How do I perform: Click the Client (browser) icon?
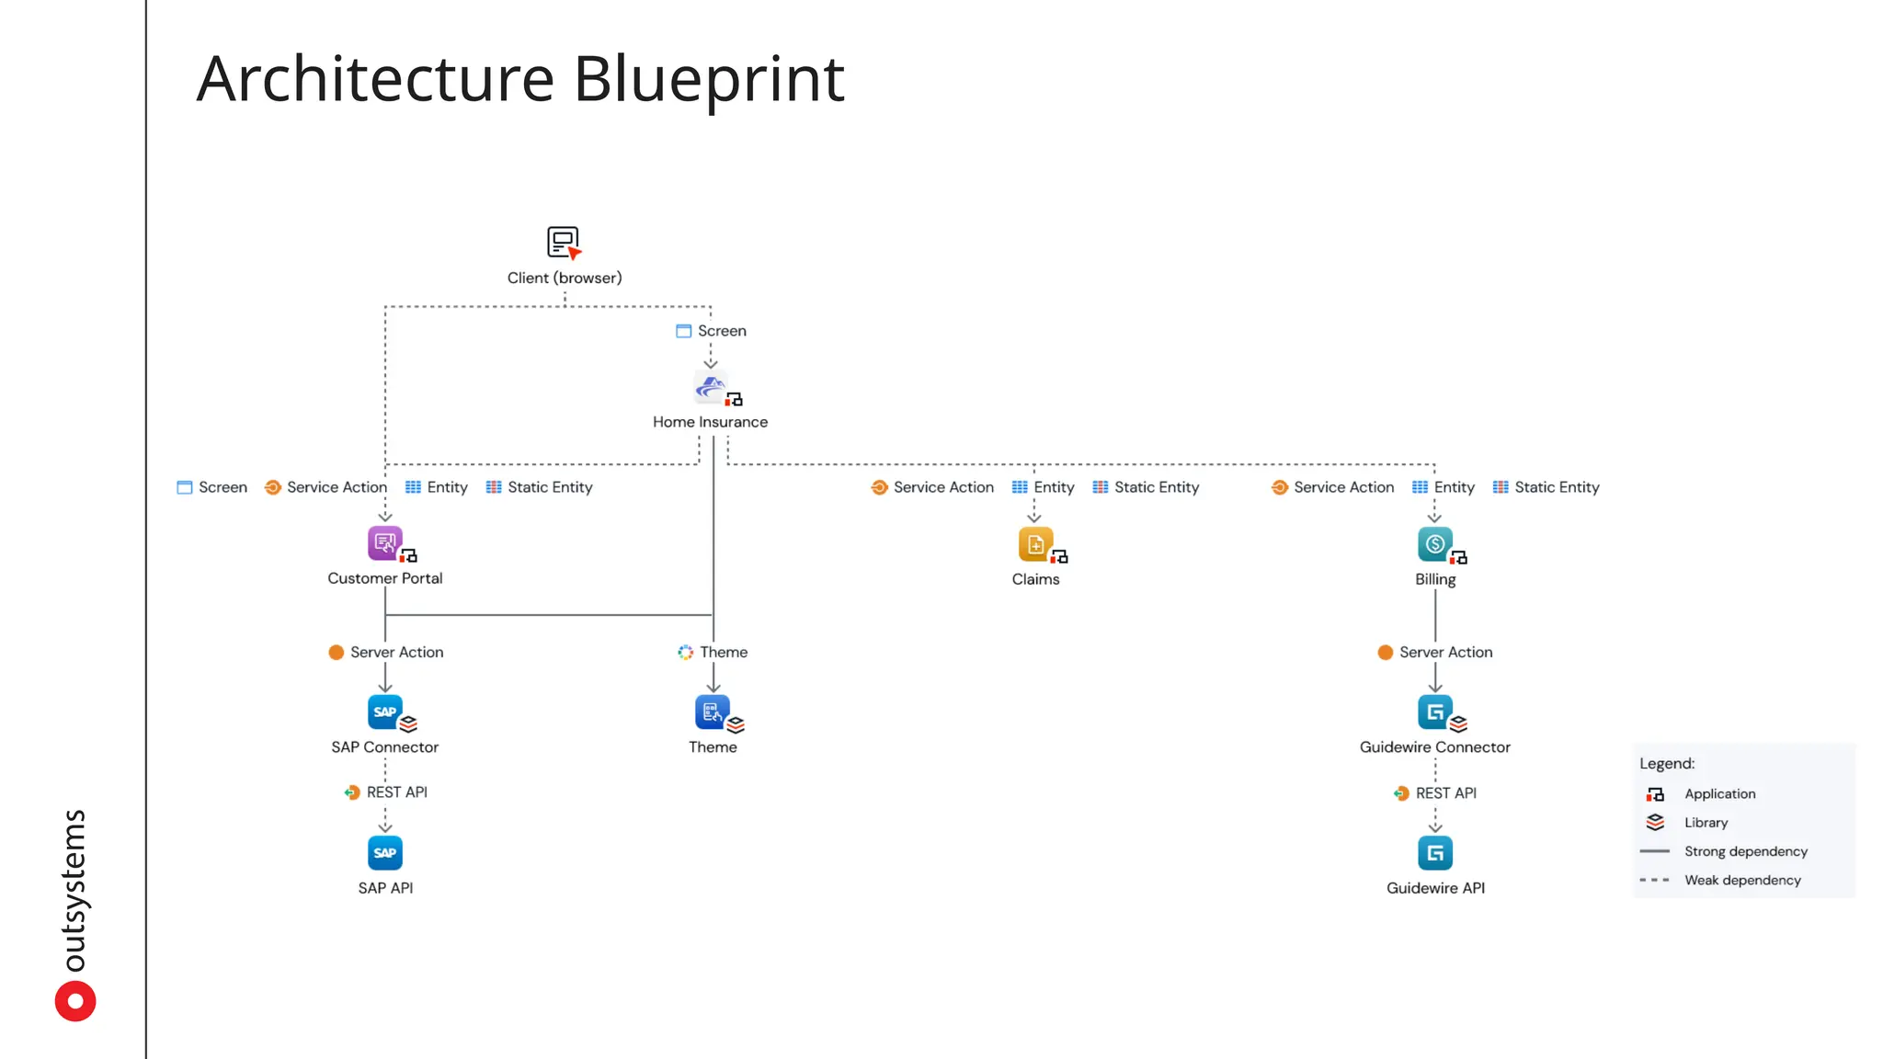pyautogui.click(x=564, y=243)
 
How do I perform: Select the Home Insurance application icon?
pyautogui.click(x=711, y=387)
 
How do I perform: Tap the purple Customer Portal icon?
pyautogui.click(x=384, y=543)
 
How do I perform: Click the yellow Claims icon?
pyautogui.click(x=1035, y=544)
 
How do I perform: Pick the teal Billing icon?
pyautogui.click(x=1434, y=544)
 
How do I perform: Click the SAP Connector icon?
pyautogui.click(x=384, y=712)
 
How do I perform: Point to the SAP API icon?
pyautogui.click(x=385, y=853)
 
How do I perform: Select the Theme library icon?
pyautogui.click(x=712, y=712)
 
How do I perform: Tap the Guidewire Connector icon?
pyautogui.click(x=1434, y=712)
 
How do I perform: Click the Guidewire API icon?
pyautogui.click(x=1435, y=854)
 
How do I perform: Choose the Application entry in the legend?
pyautogui.click(x=1718, y=794)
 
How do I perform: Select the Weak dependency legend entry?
pyautogui.click(x=1741, y=881)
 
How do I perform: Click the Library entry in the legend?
pyautogui.click(x=1706, y=823)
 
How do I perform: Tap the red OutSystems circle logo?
pyautogui.click(x=75, y=1001)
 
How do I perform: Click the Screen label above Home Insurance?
pyautogui.click(x=721, y=331)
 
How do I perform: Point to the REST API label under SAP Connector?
pyautogui.click(x=396, y=792)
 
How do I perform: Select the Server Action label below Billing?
pyautogui.click(x=1445, y=653)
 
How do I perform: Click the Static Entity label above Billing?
pyautogui.click(x=1556, y=487)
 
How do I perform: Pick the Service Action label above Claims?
pyautogui.click(x=942, y=487)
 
